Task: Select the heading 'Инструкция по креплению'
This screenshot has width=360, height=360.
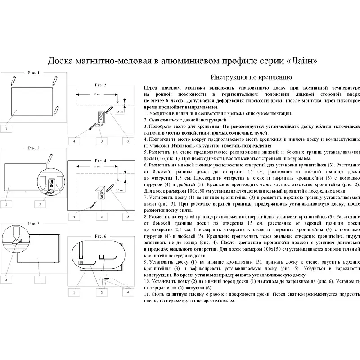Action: pos(248,77)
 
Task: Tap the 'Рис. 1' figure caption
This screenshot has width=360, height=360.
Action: pos(34,72)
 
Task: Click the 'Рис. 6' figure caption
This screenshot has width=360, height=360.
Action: pos(100,236)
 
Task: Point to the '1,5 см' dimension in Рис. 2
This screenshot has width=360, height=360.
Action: pos(119,111)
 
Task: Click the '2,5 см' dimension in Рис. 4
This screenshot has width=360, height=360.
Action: pos(118,191)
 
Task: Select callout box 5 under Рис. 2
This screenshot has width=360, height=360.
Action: pos(128,141)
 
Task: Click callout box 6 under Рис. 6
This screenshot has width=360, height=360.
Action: pos(129,292)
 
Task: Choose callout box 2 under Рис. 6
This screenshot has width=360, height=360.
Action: pos(101,292)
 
